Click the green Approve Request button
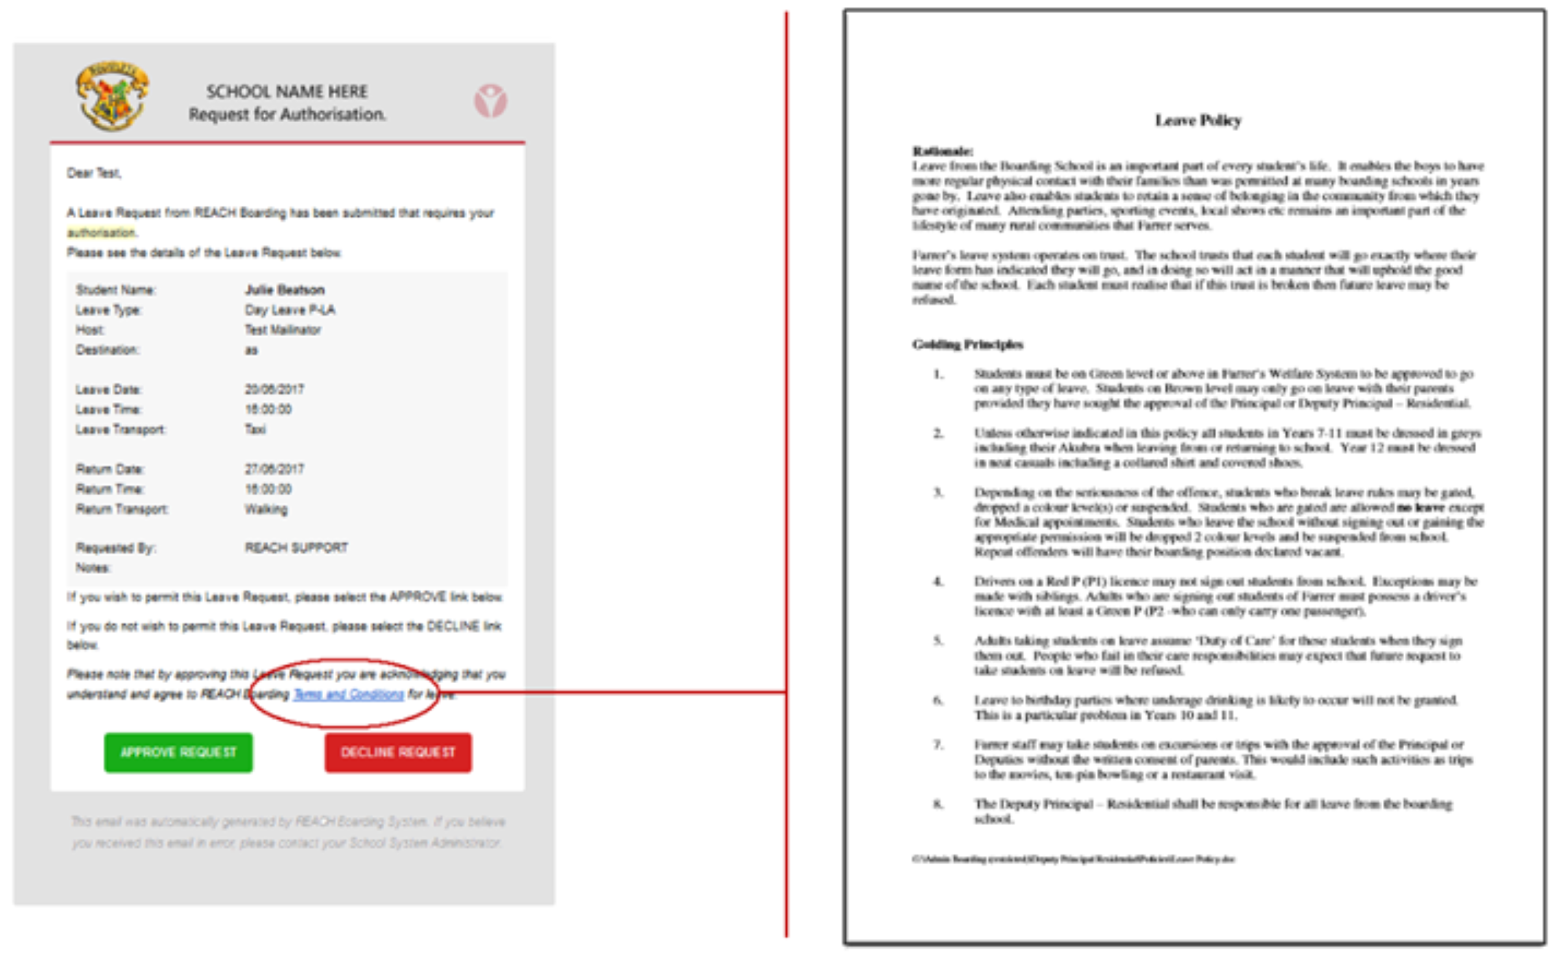pos(178,752)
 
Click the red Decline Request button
pos(397,752)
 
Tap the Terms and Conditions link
pos(348,695)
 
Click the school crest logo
pos(112,96)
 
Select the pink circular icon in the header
pos(490,101)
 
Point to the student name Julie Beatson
pos(285,290)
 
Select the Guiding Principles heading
pos(967,344)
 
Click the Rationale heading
pos(942,151)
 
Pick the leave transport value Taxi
pos(255,429)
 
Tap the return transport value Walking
pos(266,510)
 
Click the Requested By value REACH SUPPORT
pos(297,548)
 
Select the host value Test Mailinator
pos(283,330)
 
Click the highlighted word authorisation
pos(102,233)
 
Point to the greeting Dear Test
pos(93,173)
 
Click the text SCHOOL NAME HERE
pos(287,92)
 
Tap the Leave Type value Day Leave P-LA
pos(290,310)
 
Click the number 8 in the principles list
pos(937,804)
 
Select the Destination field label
pos(107,350)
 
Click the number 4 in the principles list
pos(937,582)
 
